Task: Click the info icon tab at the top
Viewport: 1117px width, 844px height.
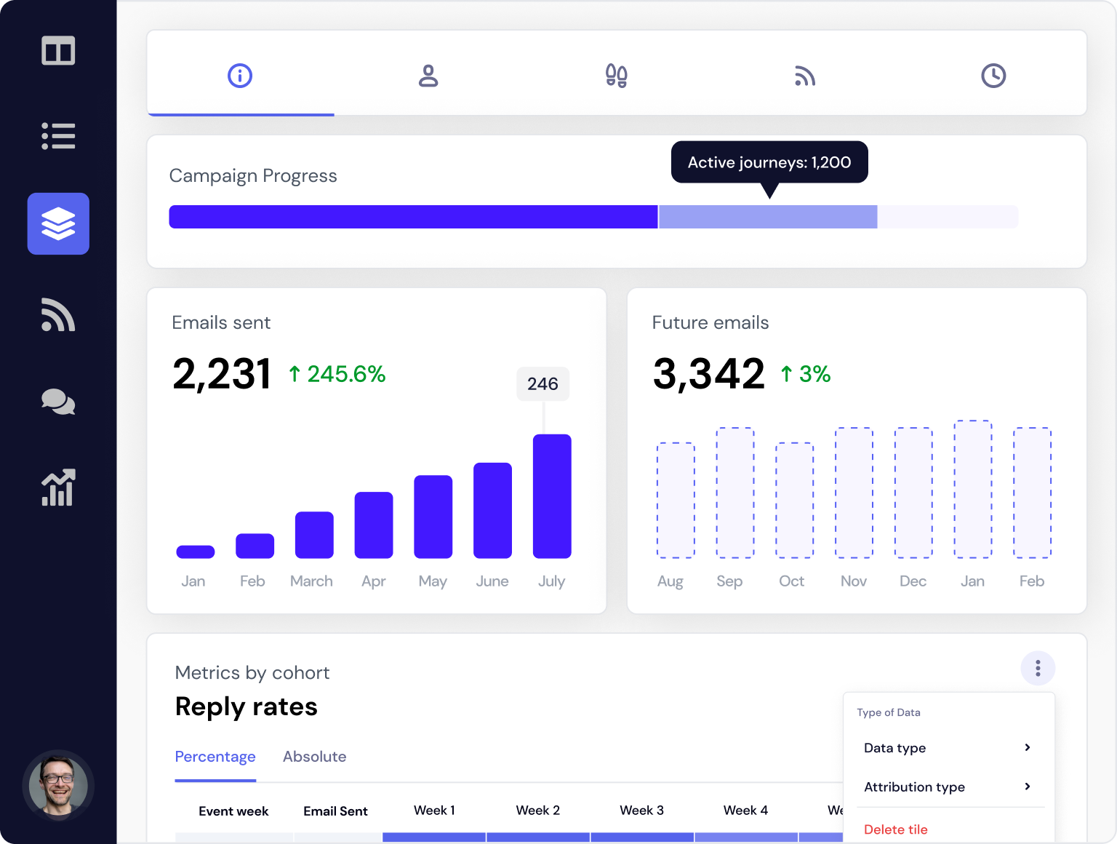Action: pyautogui.click(x=240, y=76)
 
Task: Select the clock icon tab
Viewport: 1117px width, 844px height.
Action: pyautogui.click(x=993, y=76)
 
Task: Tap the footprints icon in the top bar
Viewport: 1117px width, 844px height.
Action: pyautogui.click(x=617, y=76)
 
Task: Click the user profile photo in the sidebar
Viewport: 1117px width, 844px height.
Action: pyautogui.click(x=58, y=786)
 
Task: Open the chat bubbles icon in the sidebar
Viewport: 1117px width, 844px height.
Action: pyautogui.click(x=58, y=402)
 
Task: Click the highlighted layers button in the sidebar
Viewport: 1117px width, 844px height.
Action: pyautogui.click(x=58, y=224)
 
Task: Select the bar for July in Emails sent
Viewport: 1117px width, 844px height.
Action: pyautogui.click(x=552, y=496)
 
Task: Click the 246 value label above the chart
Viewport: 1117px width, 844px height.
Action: pyautogui.click(x=543, y=383)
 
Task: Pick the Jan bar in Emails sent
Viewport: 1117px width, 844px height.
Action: pyautogui.click(x=196, y=552)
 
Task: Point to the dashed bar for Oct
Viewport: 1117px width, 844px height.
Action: pyautogui.click(x=794, y=500)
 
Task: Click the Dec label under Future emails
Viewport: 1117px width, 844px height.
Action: pyautogui.click(x=913, y=581)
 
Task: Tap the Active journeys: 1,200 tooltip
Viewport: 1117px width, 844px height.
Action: pyautogui.click(x=769, y=162)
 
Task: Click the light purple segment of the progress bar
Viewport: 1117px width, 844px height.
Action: pyautogui.click(x=768, y=217)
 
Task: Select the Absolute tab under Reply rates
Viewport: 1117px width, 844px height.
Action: pyautogui.click(x=314, y=757)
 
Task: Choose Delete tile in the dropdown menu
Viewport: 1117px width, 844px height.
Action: pyautogui.click(x=896, y=829)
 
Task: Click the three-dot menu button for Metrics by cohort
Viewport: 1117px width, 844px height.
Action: pyautogui.click(x=1038, y=668)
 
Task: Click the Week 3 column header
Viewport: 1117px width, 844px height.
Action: pyautogui.click(x=641, y=811)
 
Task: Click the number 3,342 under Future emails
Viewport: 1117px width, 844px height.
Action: pyautogui.click(x=709, y=374)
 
